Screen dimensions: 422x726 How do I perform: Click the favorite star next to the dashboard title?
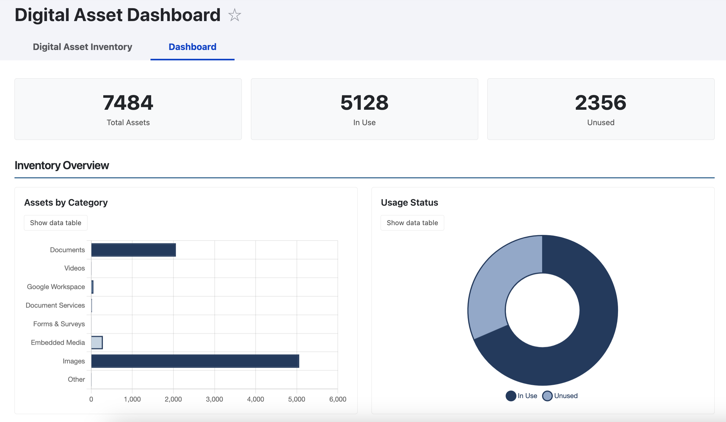click(235, 15)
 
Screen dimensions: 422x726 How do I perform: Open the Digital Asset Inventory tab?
click(82, 47)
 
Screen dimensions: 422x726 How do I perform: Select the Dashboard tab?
click(192, 47)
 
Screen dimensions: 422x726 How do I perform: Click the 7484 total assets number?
click(128, 103)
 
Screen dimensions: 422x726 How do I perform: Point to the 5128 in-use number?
click(364, 103)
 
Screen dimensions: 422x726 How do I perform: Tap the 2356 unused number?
click(600, 103)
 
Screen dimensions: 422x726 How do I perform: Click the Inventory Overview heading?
click(62, 165)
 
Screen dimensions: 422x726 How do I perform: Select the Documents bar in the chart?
click(133, 250)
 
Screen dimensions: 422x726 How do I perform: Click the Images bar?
click(195, 361)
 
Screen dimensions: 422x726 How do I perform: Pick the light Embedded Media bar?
click(97, 342)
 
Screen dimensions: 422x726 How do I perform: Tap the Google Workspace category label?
click(56, 287)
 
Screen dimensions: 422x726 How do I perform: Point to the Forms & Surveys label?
click(59, 324)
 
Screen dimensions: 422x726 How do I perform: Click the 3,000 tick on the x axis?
click(214, 399)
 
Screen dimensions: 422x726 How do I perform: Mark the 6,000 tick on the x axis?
click(337, 399)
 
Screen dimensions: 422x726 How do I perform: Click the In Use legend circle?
click(511, 396)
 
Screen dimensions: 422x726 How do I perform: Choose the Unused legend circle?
click(547, 396)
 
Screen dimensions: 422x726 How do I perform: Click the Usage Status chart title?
click(409, 203)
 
